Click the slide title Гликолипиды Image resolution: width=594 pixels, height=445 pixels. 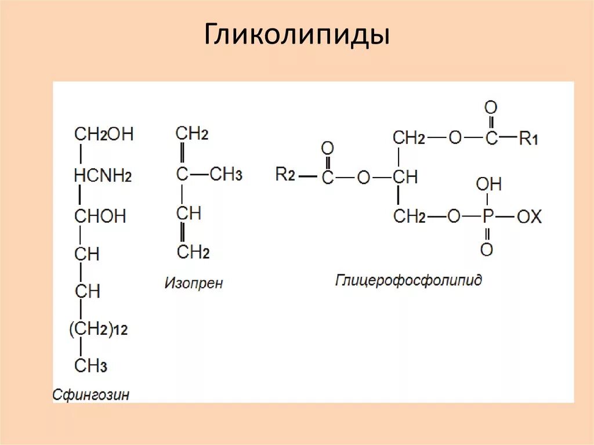(x=296, y=36)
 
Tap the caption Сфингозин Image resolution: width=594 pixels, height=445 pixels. (x=91, y=395)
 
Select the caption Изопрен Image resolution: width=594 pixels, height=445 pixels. (x=194, y=284)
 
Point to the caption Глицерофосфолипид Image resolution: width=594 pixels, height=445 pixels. (x=408, y=281)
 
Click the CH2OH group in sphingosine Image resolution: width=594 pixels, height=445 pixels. (x=104, y=134)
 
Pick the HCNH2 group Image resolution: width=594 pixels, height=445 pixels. (x=103, y=175)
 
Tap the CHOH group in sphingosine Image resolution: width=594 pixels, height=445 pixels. (x=100, y=216)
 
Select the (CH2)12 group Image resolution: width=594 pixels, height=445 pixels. (x=98, y=330)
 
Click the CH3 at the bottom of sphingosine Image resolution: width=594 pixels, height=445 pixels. (x=90, y=366)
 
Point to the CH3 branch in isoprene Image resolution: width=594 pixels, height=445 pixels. (x=226, y=175)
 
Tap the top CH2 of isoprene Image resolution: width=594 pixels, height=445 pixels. (x=192, y=134)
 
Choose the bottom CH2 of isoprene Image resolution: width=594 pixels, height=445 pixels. (x=193, y=252)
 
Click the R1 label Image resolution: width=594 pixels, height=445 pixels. (x=528, y=139)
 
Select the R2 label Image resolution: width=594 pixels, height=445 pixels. (x=286, y=174)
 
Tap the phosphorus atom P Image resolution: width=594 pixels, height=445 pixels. (x=487, y=217)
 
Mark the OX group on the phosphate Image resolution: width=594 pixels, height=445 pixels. (x=528, y=217)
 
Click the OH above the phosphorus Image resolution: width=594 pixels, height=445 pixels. (x=488, y=185)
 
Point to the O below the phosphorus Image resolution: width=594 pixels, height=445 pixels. (x=487, y=249)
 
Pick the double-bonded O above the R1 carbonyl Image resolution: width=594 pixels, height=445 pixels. (x=491, y=107)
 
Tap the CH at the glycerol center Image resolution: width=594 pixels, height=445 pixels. (x=405, y=177)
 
